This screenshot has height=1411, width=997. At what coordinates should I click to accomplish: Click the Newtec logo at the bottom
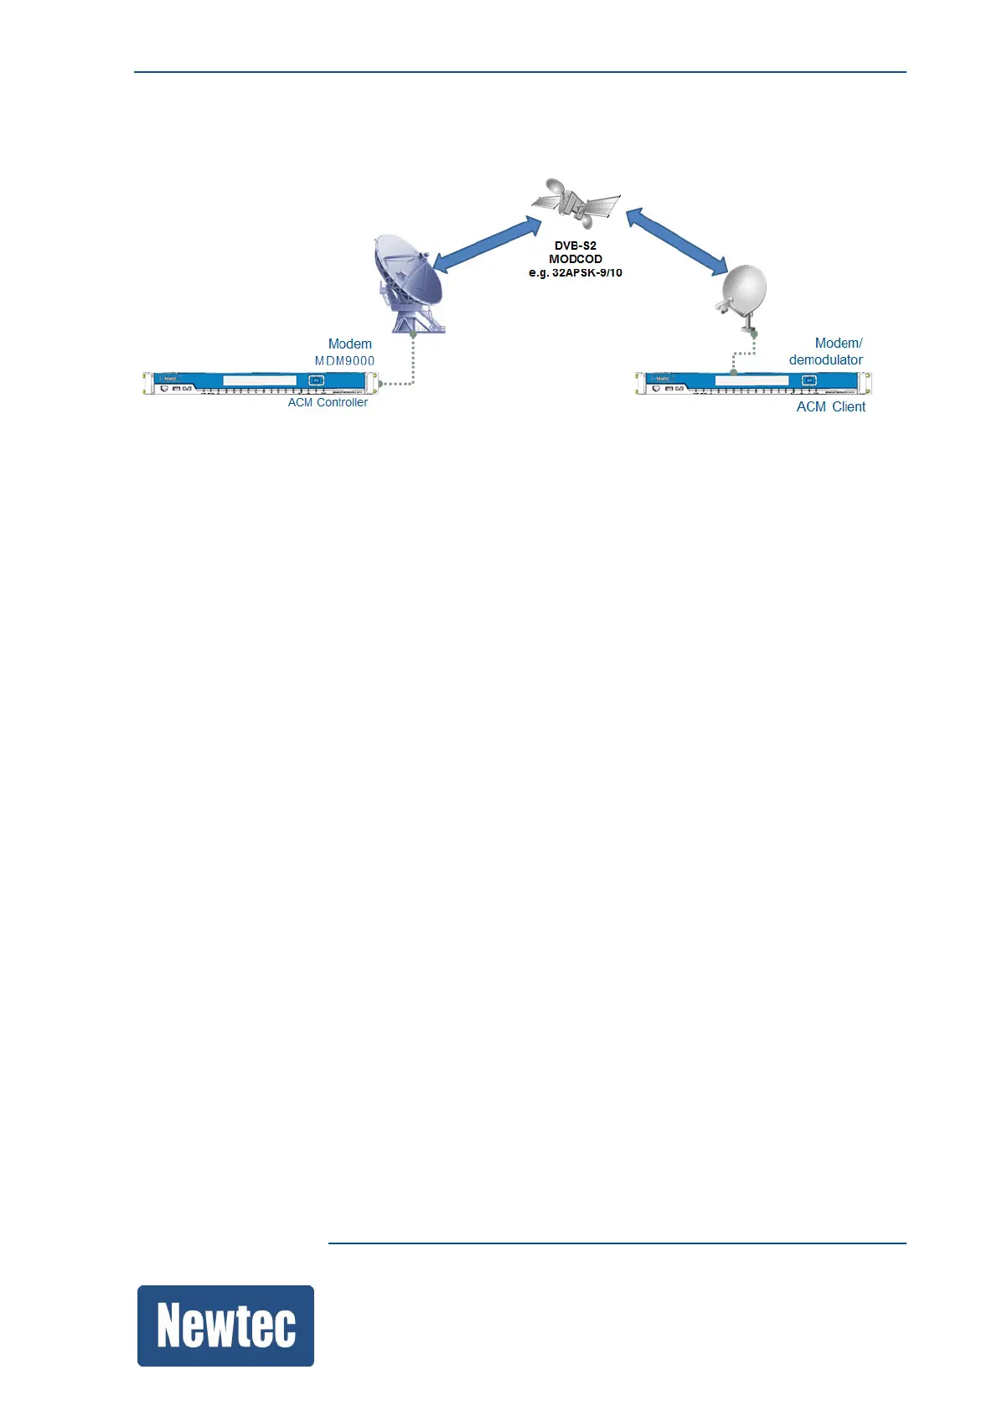point(225,1326)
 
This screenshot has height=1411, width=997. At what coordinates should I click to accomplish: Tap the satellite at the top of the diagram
point(576,203)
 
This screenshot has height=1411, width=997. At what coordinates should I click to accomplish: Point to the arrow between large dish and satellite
point(488,243)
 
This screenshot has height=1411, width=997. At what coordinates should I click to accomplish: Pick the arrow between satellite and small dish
point(677,241)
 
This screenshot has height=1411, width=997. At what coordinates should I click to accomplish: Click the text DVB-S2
point(576,246)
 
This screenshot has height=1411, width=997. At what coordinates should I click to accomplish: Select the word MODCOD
point(576,259)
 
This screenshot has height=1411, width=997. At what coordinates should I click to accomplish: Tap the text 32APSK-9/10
point(586,272)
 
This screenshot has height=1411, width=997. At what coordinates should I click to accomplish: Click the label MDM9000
point(344,361)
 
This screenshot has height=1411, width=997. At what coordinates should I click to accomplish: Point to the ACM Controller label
point(328,402)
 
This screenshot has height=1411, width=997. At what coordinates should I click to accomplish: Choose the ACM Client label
point(830,406)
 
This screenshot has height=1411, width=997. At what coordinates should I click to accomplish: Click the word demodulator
point(825,359)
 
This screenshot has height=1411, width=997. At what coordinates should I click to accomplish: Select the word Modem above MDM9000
point(349,344)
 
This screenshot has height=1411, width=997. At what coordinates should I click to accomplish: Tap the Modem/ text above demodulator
point(838,343)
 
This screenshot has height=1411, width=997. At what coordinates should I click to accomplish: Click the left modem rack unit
point(260,383)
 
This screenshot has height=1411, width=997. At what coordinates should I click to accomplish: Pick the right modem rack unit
point(752,383)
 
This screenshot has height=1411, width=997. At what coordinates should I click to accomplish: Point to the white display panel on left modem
point(260,380)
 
